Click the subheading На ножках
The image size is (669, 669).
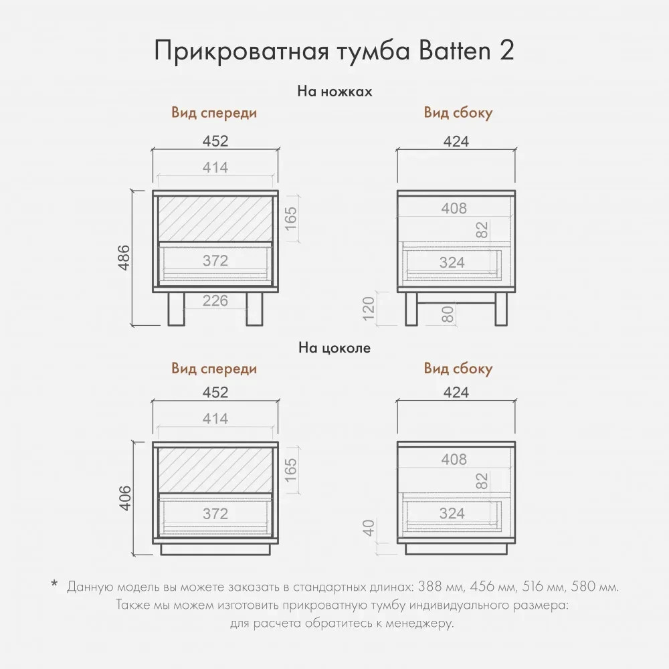click(x=334, y=91)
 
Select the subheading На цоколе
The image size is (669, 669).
click(x=334, y=347)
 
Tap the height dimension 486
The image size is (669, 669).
click(x=124, y=258)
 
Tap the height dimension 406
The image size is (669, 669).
click(x=125, y=498)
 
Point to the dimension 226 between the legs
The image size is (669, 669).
click(x=215, y=301)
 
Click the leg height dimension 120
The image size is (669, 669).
click(x=368, y=309)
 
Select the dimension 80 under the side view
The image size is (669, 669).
click(x=448, y=315)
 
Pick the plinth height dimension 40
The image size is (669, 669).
click(x=368, y=528)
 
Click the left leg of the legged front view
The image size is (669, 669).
click(x=176, y=309)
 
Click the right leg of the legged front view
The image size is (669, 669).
click(x=254, y=309)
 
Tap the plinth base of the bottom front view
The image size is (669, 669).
click(x=215, y=549)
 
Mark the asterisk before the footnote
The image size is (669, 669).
click(x=54, y=583)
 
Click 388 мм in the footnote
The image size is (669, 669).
click(x=440, y=587)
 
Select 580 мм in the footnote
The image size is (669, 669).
click(x=595, y=587)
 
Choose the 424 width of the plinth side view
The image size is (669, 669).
click(x=456, y=392)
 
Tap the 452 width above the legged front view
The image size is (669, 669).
click(x=215, y=140)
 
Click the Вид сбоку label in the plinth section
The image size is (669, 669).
click(x=458, y=368)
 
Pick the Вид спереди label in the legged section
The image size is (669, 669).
click(x=214, y=112)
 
